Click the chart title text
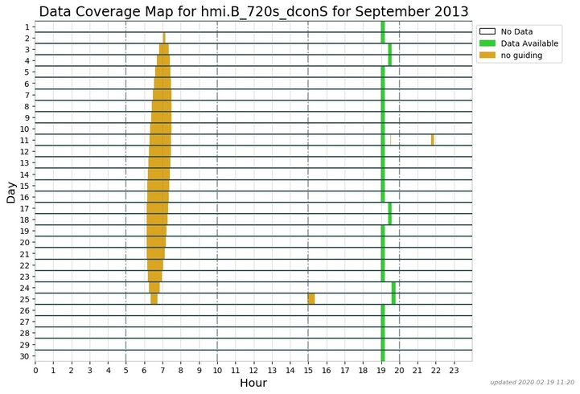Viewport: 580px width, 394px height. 253,11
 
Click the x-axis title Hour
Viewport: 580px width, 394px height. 253,383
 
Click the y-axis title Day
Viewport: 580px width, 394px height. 11,191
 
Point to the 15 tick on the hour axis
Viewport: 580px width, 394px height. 308,369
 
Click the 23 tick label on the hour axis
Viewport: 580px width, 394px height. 454,369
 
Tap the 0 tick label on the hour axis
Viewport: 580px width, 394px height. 35,369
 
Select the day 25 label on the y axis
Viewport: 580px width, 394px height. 26,299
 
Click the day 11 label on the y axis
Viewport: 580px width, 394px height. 26,140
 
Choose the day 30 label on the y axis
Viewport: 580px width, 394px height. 26,355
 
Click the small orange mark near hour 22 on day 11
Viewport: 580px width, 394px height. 432,140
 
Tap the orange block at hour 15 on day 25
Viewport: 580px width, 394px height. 311,299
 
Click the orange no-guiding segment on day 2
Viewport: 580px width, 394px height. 164,38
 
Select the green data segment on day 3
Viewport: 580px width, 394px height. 390,49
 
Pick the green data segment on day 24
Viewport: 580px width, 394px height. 393,287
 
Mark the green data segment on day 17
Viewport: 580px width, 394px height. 390,208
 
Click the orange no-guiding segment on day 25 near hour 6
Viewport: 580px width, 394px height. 154,299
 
